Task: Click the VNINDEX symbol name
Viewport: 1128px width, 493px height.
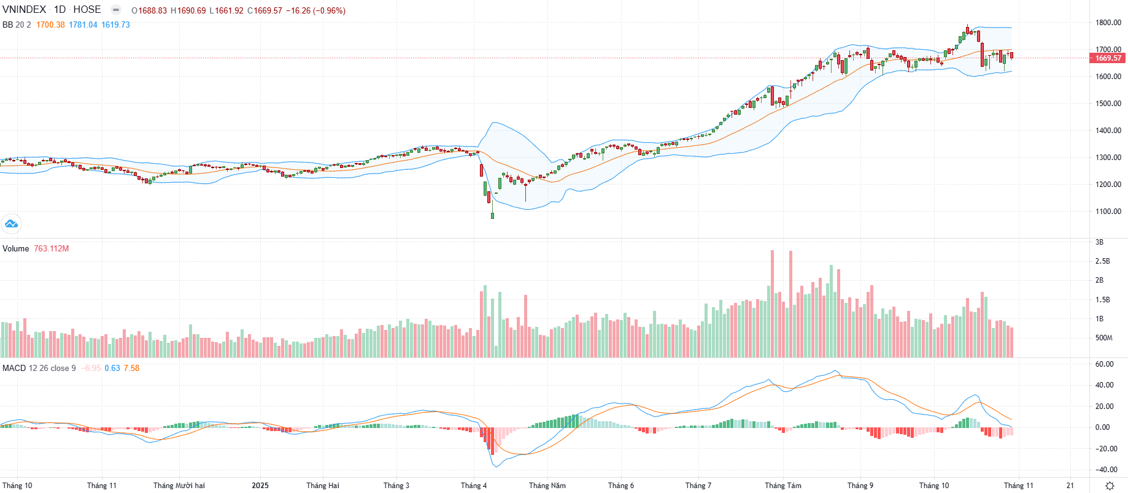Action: (x=24, y=10)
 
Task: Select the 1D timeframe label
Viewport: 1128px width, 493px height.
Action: (x=60, y=10)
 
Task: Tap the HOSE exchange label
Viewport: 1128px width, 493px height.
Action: (x=87, y=10)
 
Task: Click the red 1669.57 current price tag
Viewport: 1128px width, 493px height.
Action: (x=1108, y=58)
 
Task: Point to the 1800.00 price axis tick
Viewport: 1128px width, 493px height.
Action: (x=1108, y=23)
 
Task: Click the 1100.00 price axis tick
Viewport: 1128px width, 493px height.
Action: (x=1108, y=212)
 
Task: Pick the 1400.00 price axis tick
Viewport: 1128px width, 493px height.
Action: (x=1108, y=131)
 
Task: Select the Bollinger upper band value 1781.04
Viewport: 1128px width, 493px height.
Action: (x=83, y=25)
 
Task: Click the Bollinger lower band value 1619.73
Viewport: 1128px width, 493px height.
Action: (x=115, y=25)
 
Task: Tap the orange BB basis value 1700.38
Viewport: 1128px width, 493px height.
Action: (x=50, y=25)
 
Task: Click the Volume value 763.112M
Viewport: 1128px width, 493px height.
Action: (x=52, y=248)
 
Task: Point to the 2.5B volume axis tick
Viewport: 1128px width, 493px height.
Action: (x=1103, y=261)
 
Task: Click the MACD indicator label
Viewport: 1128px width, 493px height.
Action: (x=14, y=368)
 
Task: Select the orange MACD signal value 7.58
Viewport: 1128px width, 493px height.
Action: (x=131, y=368)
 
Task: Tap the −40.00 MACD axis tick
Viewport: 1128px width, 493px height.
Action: (x=1106, y=470)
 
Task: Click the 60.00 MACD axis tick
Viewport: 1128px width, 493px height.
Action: (x=1105, y=364)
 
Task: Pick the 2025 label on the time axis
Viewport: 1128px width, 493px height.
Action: (x=260, y=486)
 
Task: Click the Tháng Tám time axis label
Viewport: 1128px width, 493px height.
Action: (x=783, y=486)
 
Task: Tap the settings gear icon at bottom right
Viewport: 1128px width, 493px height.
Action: (x=1110, y=486)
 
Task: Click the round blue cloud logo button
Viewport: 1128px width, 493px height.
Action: (x=11, y=224)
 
